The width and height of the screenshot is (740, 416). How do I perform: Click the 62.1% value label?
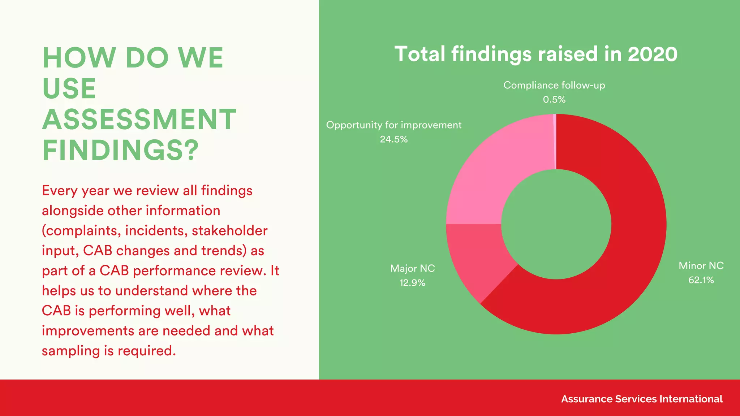pos(701,280)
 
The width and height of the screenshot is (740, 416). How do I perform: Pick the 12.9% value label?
pos(412,283)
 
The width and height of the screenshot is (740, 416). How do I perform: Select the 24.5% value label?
pos(393,139)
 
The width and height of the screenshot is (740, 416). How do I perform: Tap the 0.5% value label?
pos(554,100)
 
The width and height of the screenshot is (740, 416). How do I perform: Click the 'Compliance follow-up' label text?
pos(554,86)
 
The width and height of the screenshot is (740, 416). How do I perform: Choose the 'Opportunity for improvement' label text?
pos(393,125)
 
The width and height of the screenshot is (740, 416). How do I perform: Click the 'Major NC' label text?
pos(412,268)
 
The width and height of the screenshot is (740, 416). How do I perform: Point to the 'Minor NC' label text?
pos(701,266)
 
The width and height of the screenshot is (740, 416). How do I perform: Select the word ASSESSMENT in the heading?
pos(139,120)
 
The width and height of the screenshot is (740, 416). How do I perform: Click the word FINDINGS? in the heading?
pos(120,150)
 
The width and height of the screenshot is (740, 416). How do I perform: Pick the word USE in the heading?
pos(69,88)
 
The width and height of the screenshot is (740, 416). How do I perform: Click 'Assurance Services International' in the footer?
pos(642,399)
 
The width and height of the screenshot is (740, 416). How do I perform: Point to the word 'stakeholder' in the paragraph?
pos(229,231)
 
